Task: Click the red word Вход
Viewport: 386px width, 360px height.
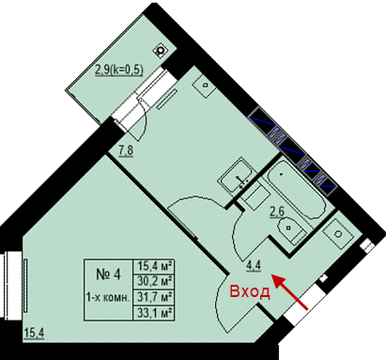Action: [x=250, y=291]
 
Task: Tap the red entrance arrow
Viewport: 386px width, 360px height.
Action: [x=289, y=292]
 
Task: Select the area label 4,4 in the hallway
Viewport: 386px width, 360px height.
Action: [x=254, y=266]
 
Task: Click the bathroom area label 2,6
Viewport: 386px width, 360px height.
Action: [x=277, y=211]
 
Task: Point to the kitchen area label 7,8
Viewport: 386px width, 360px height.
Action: [x=126, y=151]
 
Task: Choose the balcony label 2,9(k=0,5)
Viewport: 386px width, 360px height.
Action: [x=119, y=70]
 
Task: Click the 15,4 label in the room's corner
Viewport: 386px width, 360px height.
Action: [x=34, y=333]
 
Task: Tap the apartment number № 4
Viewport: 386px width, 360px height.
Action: [x=108, y=274]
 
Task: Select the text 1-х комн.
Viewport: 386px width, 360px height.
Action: [x=108, y=298]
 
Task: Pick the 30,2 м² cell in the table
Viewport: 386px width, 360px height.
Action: [x=155, y=281]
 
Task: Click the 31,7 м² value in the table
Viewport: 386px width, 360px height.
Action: [x=155, y=296]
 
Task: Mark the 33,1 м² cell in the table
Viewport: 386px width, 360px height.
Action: [x=155, y=313]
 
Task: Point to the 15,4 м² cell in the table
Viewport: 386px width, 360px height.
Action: [x=155, y=267]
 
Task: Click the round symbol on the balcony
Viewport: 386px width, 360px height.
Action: [x=161, y=50]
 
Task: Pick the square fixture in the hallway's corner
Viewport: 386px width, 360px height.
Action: [x=338, y=234]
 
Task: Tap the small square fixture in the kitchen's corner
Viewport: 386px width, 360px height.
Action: [x=204, y=86]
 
